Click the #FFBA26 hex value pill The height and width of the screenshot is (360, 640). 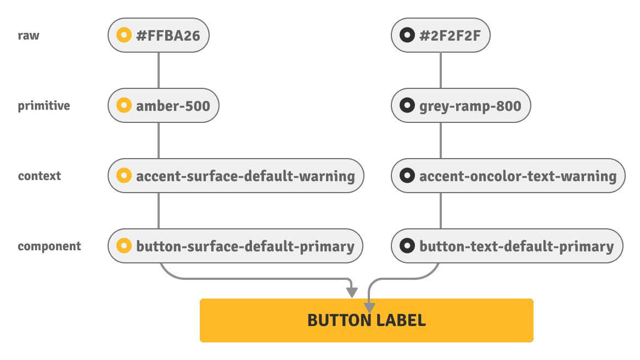click(x=159, y=36)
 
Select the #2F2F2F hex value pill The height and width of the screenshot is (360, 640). click(x=440, y=36)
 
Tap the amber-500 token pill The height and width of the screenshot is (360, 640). click(x=164, y=105)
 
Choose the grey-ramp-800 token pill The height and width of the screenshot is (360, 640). click(x=461, y=105)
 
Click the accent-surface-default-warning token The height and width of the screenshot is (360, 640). click(x=236, y=176)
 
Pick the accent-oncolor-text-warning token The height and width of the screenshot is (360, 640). click(x=508, y=176)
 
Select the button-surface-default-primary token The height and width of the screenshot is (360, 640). click(x=235, y=246)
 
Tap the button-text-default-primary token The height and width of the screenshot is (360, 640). click(x=507, y=246)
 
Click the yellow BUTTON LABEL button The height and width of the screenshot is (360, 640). click(x=366, y=320)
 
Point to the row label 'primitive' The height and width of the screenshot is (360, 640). click(x=44, y=106)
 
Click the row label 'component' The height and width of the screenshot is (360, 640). click(x=49, y=246)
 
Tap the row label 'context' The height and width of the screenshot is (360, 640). click(x=39, y=176)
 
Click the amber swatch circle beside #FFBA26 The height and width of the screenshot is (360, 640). click(x=124, y=36)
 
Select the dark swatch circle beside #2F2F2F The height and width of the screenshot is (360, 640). click(x=407, y=36)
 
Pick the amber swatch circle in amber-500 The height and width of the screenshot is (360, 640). click(x=124, y=105)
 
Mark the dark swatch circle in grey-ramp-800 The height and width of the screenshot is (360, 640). click(x=407, y=105)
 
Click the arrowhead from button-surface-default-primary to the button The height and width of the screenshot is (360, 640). click(x=351, y=293)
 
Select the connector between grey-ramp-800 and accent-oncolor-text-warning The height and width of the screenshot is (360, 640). click(x=441, y=140)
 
